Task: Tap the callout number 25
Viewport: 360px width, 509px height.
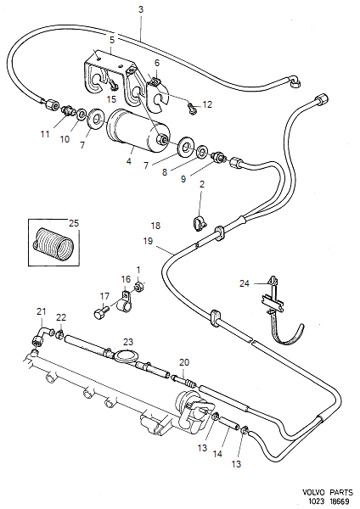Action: [73, 224]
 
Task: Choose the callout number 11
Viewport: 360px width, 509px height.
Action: [46, 134]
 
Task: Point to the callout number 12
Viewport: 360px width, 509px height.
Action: [207, 104]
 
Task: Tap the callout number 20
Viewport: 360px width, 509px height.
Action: [183, 363]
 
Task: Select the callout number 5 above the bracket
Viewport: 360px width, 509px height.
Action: [111, 39]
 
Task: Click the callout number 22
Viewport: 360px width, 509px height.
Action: [60, 317]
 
